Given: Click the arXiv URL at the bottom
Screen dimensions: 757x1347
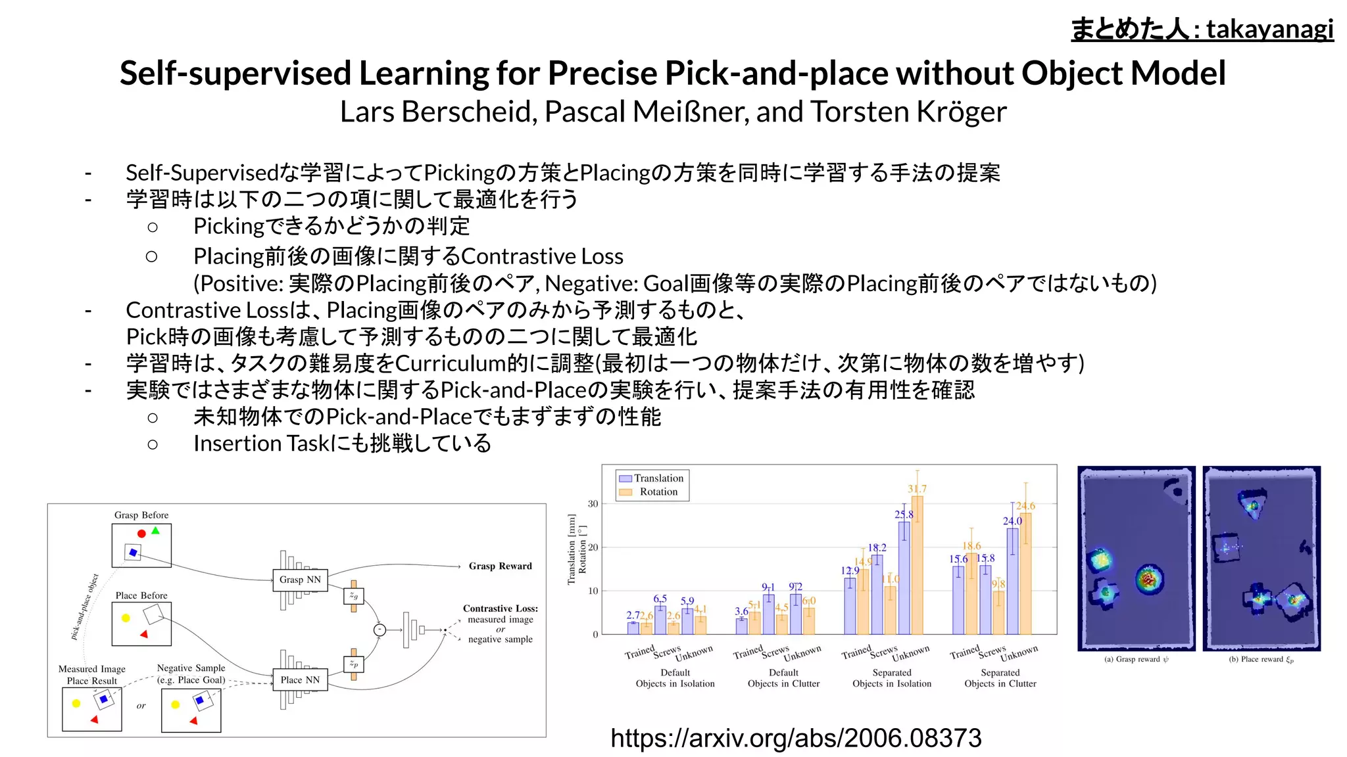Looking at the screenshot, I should pos(796,738).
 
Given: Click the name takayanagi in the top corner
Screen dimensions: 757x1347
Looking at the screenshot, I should pos(1269,29).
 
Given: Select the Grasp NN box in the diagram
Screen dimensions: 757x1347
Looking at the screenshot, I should pos(300,580).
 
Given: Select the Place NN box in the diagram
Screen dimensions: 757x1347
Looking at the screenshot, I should pos(300,679).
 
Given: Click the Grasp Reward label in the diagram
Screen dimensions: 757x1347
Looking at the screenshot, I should pos(500,566).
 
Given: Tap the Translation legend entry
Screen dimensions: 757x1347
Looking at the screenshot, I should pos(658,478).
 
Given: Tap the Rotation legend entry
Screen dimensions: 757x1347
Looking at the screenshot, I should pos(658,492).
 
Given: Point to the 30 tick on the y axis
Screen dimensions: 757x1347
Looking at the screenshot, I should pos(593,504).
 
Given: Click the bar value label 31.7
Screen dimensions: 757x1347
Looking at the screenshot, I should pos(917,489).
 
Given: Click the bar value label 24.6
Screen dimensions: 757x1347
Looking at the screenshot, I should pos(1025,505).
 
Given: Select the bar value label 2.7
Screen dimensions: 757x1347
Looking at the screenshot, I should pos(633,615).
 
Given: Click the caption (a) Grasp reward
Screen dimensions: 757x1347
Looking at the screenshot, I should pos(1136,659).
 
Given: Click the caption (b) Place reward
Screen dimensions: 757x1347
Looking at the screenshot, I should pos(1261,659).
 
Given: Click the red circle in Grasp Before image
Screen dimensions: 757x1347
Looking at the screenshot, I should pos(141,534).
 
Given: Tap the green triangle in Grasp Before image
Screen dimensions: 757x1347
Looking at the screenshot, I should pos(155,530).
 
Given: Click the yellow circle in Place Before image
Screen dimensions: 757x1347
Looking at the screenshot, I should pos(126,618).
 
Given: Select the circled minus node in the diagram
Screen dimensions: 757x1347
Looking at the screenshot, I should pos(380,630).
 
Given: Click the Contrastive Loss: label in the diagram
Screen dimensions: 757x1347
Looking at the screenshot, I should pos(500,608).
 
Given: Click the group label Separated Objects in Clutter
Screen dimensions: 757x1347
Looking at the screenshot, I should pos(1000,678).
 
